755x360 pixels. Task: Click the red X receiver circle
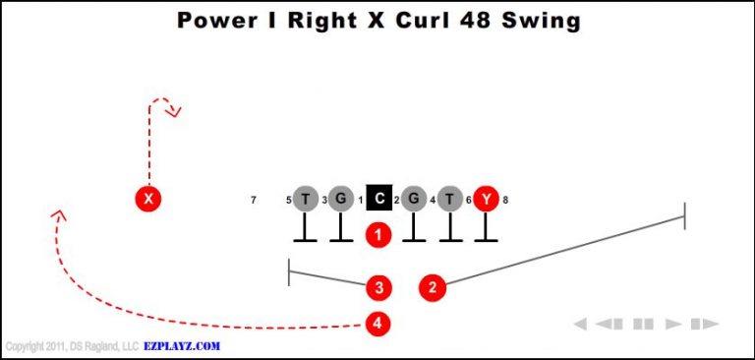pos(148,199)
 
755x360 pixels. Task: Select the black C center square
pos(379,199)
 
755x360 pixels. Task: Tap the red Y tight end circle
pos(486,199)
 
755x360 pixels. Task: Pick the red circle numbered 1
pos(378,234)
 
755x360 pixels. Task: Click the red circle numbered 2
pos(432,287)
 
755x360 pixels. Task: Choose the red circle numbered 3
pos(378,287)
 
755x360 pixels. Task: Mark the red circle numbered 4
pos(378,323)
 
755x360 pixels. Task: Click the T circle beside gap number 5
pos(307,199)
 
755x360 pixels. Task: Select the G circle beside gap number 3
pos(340,199)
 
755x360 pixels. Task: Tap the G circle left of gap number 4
pos(414,199)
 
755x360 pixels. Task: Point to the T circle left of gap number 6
pos(450,199)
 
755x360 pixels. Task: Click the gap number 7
pos(254,201)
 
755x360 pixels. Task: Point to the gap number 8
pos(505,201)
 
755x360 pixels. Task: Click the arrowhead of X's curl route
pos(175,111)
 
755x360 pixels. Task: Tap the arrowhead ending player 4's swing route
pos(59,213)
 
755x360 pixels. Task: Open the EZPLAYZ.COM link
pos(182,346)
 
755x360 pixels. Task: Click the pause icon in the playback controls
pos(643,324)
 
